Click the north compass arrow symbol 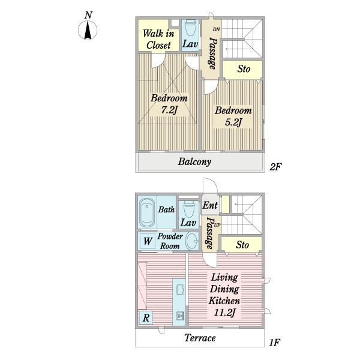[88, 30]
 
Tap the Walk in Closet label [158, 39]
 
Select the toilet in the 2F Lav [190, 28]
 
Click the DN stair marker [216, 29]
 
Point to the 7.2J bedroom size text [169, 110]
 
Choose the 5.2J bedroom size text [233, 122]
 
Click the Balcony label [194, 162]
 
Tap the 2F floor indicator [275, 167]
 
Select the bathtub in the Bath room [147, 212]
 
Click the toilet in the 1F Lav [190, 209]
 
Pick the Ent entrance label [209, 205]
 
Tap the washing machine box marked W [148, 241]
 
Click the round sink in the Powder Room [192, 241]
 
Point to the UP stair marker [217, 226]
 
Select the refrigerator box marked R [146, 317]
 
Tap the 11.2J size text [224, 313]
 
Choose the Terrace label [200, 338]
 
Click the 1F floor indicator [274, 343]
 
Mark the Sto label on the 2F [244, 69]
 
